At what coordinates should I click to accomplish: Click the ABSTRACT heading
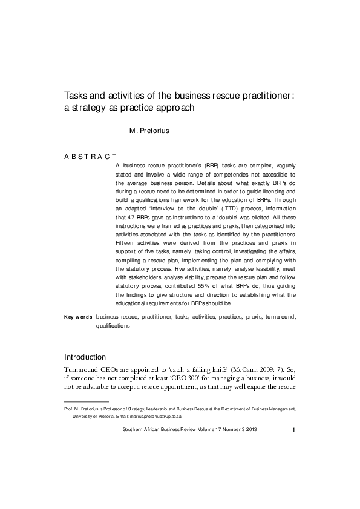point(90,156)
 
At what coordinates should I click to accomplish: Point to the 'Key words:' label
point(79,316)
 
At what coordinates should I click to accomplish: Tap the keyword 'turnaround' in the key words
point(277,316)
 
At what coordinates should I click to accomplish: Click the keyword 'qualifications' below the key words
point(113,325)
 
